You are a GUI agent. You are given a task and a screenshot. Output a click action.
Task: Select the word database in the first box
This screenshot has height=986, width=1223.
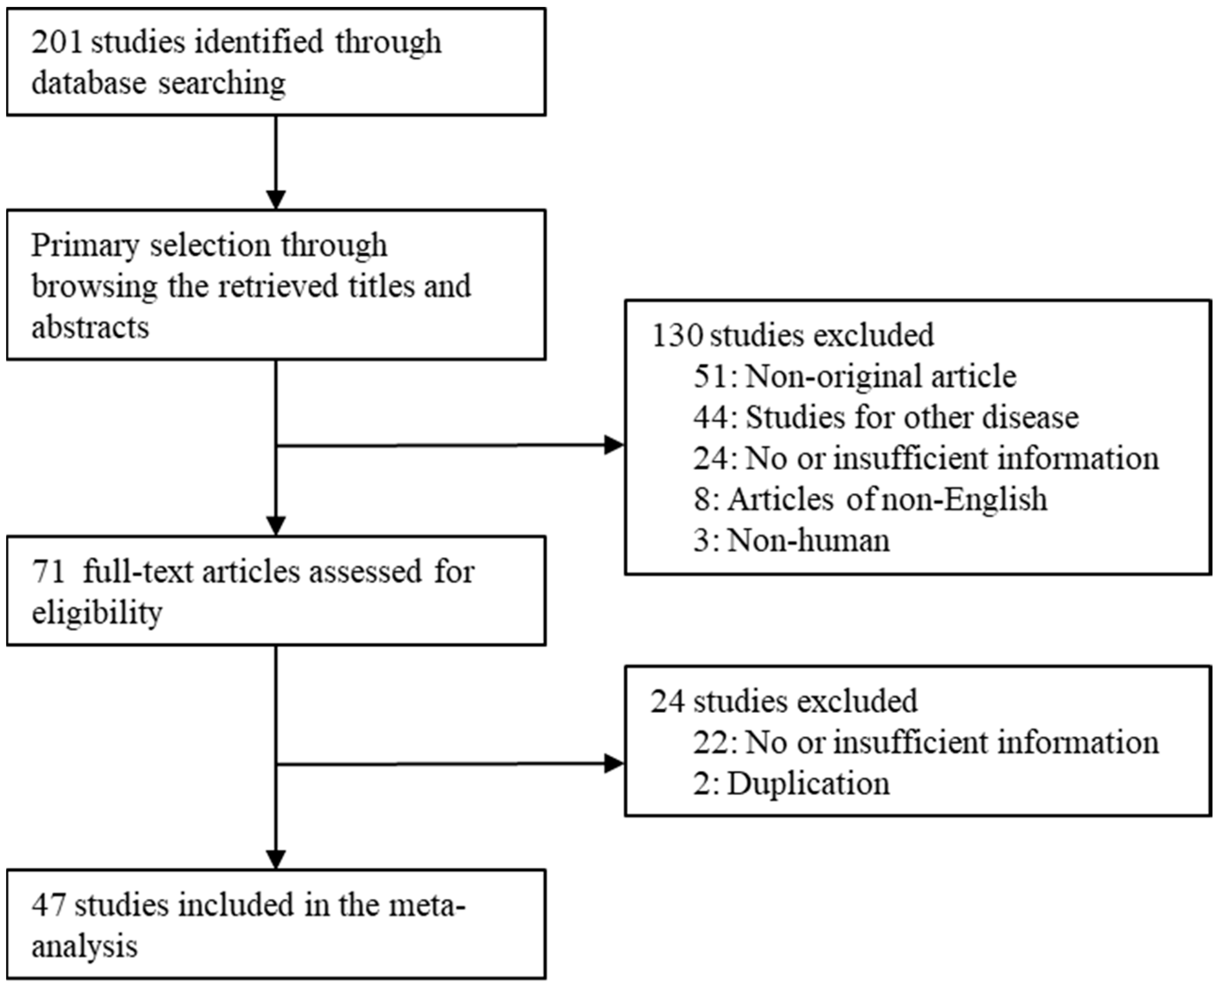89,83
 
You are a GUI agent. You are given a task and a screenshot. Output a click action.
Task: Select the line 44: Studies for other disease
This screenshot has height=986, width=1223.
885,418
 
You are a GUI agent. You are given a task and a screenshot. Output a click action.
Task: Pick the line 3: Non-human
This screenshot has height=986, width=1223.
791,541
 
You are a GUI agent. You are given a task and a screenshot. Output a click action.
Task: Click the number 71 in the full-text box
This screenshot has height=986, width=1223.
48,573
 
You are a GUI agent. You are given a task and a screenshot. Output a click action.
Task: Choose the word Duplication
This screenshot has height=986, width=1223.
808,784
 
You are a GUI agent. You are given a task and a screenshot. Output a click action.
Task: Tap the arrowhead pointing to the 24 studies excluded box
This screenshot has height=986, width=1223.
614,764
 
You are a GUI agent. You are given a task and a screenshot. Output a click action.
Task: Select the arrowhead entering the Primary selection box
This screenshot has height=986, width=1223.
276,200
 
